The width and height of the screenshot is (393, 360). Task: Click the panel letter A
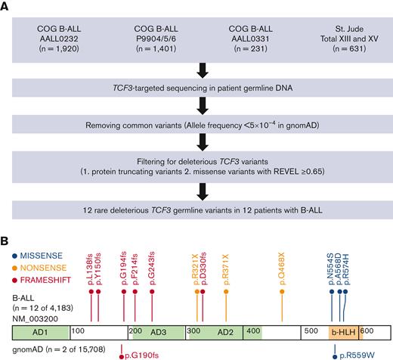[x=7, y=6]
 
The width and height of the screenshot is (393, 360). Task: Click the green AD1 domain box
[x=37, y=332]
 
